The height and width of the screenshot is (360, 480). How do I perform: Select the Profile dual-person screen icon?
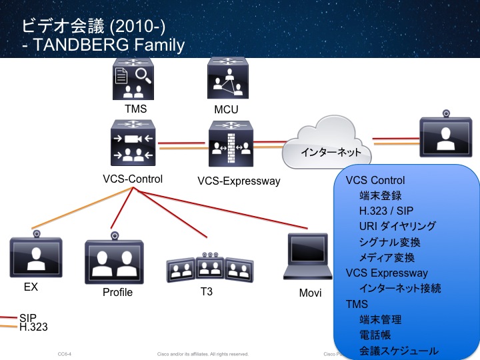pyautogui.click(x=115, y=260)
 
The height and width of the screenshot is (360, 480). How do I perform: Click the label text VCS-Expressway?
pyautogui.click(x=239, y=181)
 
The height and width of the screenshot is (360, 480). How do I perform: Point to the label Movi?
pyautogui.click(x=311, y=293)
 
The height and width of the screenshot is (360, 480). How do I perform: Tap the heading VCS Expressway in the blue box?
pyautogui.click(x=387, y=273)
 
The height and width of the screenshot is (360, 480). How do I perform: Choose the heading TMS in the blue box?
pyautogui.click(x=357, y=303)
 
